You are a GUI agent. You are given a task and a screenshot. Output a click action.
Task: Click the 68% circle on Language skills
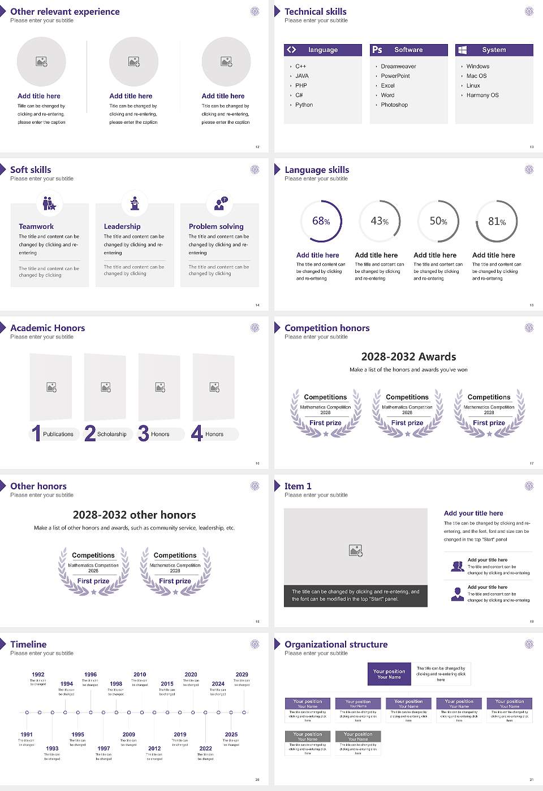pos(321,221)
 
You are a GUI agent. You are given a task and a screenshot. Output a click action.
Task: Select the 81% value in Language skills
pos(497,221)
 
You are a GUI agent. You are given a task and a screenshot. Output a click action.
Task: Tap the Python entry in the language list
pos(304,105)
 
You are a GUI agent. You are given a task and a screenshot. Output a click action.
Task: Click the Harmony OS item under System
pos(482,95)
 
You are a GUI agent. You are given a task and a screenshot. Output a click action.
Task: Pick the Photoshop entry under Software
pos(394,105)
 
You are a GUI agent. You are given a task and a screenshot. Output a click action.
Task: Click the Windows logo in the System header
pos(462,50)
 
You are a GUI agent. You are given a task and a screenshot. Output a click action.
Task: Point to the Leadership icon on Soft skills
pos(135,203)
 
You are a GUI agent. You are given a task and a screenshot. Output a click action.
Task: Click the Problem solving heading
pos(216,226)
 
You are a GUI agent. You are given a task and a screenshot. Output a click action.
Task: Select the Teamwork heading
pos(36,226)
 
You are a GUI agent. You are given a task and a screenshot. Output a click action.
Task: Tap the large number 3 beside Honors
pos(143,433)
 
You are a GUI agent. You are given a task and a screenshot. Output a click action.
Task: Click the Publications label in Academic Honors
pos(58,434)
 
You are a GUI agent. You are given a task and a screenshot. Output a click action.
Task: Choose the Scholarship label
pos(111,434)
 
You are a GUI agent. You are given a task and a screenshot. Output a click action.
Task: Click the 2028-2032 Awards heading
pos(408,357)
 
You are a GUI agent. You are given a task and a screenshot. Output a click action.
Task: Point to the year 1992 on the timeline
pos(38,674)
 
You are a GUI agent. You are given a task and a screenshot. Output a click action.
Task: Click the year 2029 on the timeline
pos(242,674)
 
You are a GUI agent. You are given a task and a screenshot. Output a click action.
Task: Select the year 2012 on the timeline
pos(154,748)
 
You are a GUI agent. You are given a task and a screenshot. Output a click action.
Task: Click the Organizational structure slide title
pos(336,644)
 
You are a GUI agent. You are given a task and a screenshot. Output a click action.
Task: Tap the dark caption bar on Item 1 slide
pos(355,596)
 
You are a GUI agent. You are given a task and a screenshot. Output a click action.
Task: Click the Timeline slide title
pos(28,644)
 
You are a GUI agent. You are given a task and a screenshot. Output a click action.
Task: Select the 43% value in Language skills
pos(380,221)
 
